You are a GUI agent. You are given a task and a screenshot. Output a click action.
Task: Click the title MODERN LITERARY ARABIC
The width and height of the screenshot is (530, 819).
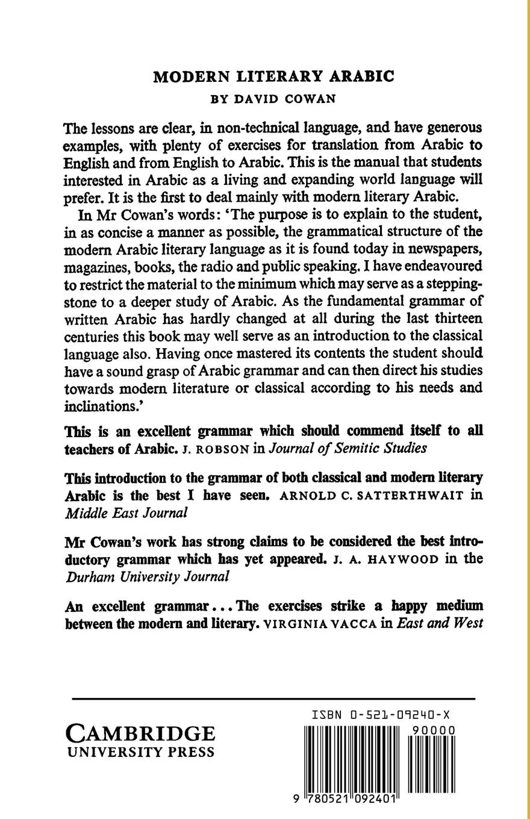click(273, 76)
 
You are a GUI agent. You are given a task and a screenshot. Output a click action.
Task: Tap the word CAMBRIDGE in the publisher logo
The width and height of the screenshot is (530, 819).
click(140, 733)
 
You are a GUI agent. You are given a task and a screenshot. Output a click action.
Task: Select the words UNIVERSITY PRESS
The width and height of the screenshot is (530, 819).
click(140, 753)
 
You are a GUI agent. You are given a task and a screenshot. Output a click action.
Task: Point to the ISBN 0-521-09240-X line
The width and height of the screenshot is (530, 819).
click(381, 715)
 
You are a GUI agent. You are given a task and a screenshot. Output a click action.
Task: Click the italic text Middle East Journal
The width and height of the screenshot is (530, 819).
click(126, 513)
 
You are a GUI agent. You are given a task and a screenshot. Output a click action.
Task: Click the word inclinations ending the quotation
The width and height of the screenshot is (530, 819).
click(101, 406)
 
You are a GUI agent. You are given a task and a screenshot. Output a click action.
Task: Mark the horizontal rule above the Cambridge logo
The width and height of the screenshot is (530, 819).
click(273, 699)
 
